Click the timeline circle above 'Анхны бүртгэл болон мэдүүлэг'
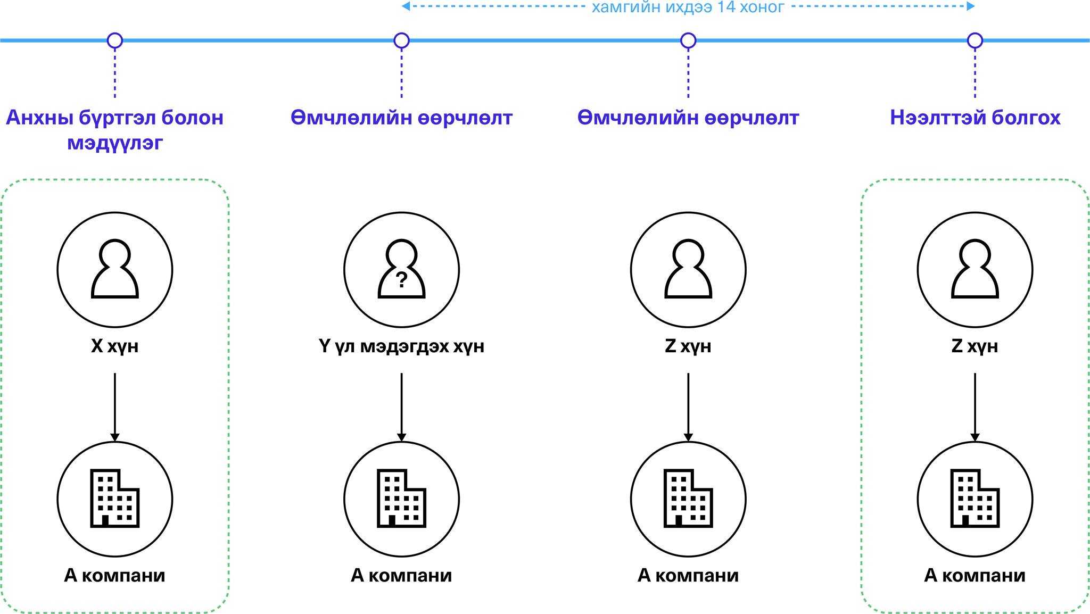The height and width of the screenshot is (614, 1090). coord(115,40)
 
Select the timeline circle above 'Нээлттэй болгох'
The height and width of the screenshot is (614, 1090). coord(975,40)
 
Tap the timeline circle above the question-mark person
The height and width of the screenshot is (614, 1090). coord(402,40)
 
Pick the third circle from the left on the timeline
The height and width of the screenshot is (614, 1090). coord(688,40)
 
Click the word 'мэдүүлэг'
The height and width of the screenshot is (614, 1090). coord(115,143)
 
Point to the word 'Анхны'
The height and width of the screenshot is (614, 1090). coord(39,118)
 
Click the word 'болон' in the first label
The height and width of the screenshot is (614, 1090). coord(192,118)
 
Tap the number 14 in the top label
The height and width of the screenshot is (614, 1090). coord(726,7)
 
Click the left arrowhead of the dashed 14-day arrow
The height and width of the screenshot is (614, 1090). coord(406,6)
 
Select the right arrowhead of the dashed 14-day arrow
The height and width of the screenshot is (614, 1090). coord(971,6)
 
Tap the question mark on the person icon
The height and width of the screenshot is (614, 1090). coord(402,279)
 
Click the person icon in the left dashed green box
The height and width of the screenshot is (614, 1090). coord(115,269)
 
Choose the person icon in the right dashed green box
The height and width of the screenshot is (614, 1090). coord(975,269)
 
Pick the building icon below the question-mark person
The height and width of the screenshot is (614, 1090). coord(401,499)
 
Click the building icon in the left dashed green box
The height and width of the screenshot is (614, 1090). coord(114,499)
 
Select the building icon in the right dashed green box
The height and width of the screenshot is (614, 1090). coord(975,499)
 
